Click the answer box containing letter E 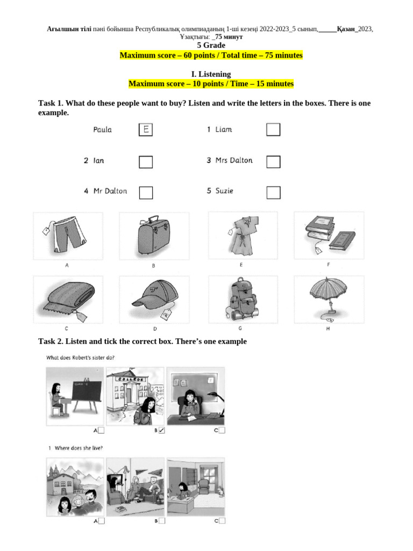(x=146, y=130)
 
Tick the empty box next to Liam (x=273, y=130)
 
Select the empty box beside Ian (x=146, y=161)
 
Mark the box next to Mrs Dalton (x=273, y=161)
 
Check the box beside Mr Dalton (x=146, y=192)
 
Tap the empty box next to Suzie (x=273, y=192)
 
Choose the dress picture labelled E (x=243, y=235)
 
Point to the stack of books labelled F (x=329, y=235)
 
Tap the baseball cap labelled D (x=154, y=299)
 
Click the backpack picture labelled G (x=243, y=299)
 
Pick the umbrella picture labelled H (x=329, y=298)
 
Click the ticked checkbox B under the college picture (x=162, y=430)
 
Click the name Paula (x=103, y=130)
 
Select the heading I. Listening (x=211, y=74)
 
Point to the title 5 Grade (x=211, y=46)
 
